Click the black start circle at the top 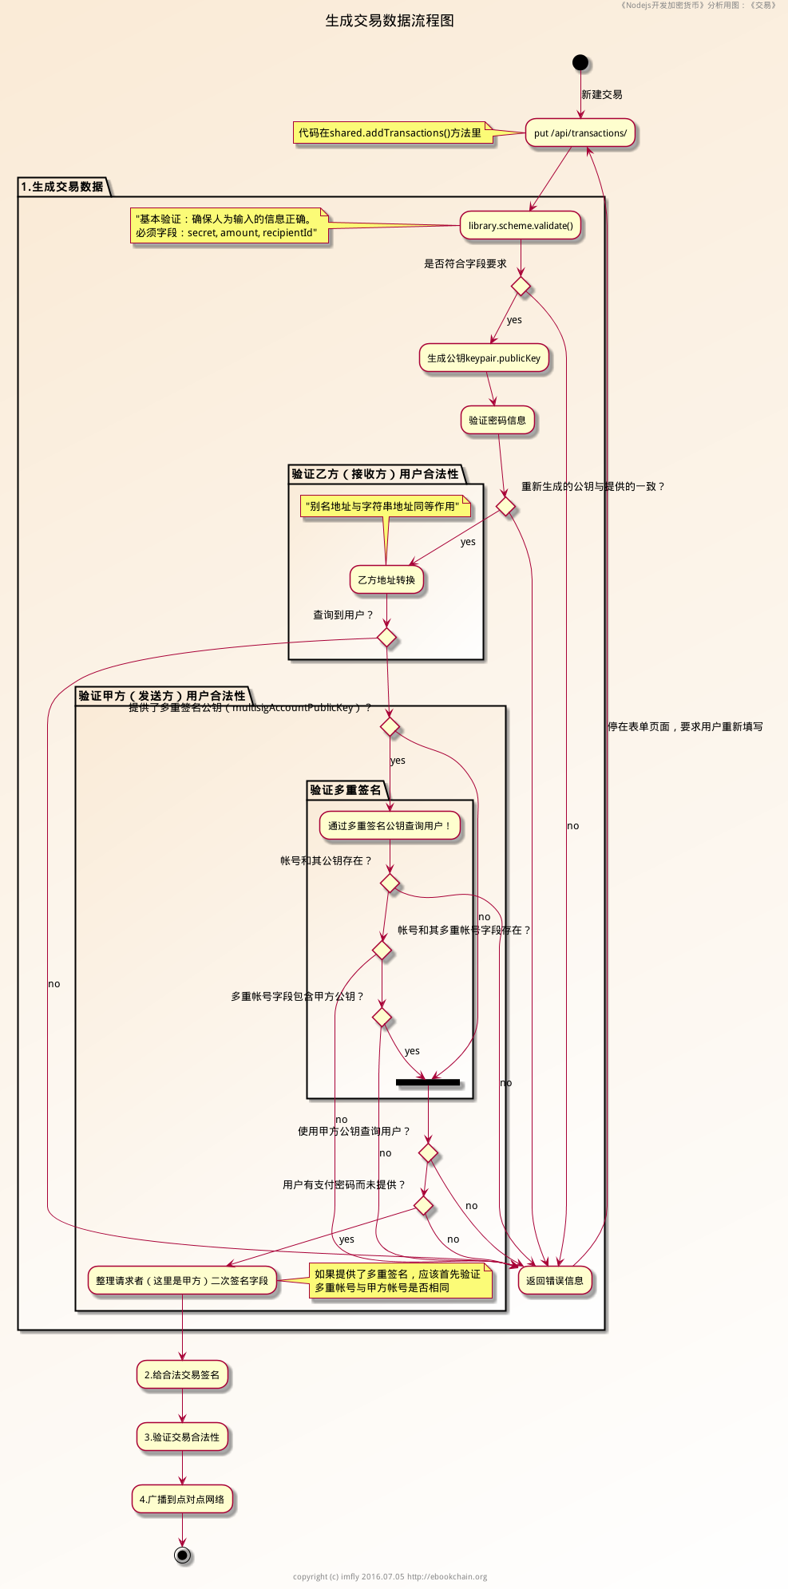click(580, 62)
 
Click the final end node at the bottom click(183, 1555)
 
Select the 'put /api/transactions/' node click(580, 133)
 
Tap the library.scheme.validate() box click(521, 226)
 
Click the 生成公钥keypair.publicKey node click(484, 358)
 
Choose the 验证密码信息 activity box click(497, 421)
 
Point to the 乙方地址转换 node click(386, 580)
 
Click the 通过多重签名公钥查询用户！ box click(390, 826)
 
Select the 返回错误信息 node click(555, 1281)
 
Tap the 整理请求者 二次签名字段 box click(182, 1281)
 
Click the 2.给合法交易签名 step click(182, 1375)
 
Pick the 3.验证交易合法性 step click(182, 1437)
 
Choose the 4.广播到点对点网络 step click(182, 1500)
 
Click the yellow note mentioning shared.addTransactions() click(390, 133)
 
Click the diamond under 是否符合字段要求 click(521, 285)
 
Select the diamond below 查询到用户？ click(386, 637)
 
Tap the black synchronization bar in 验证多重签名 click(428, 1082)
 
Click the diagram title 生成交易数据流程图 click(390, 21)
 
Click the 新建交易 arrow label click(602, 94)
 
